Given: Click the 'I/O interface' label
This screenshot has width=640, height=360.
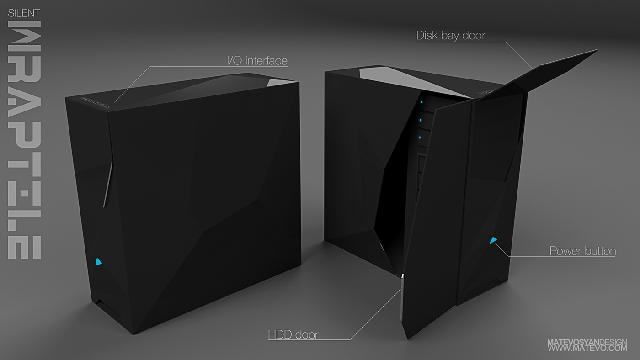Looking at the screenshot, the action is click(x=257, y=60).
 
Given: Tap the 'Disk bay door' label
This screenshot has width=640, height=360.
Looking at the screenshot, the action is click(x=450, y=36).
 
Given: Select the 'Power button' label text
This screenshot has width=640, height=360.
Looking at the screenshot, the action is click(x=582, y=251).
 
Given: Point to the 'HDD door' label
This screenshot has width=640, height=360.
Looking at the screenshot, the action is click(x=293, y=334).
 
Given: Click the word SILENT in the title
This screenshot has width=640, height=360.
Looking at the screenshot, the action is click(x=24, y=13).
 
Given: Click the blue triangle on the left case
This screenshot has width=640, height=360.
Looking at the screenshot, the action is click(x=99, y=262).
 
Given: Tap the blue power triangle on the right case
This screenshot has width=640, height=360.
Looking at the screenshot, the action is click(x=493, y=240).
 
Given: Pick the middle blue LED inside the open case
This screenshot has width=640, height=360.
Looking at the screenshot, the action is click(x=420, y=120).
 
